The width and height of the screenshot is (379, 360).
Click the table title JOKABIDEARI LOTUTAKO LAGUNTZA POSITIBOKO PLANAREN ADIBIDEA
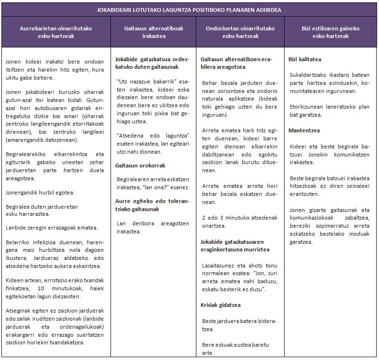coord(189,9)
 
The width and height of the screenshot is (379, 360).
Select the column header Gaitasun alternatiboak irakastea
coord(154,32)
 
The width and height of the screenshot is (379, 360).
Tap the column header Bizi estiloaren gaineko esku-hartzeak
coord(331,32)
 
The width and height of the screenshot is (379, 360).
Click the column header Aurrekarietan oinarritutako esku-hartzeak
coord(56,32)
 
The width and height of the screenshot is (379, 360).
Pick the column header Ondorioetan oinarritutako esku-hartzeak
coord(240,32)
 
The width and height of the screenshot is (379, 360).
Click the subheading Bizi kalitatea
coord(305,59)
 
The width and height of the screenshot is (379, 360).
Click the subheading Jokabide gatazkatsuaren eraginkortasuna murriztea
coord(235,246)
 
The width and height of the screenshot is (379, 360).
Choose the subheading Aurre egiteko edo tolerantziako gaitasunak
coord(152,204)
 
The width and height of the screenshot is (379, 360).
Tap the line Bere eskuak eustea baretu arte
coord(235,349)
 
